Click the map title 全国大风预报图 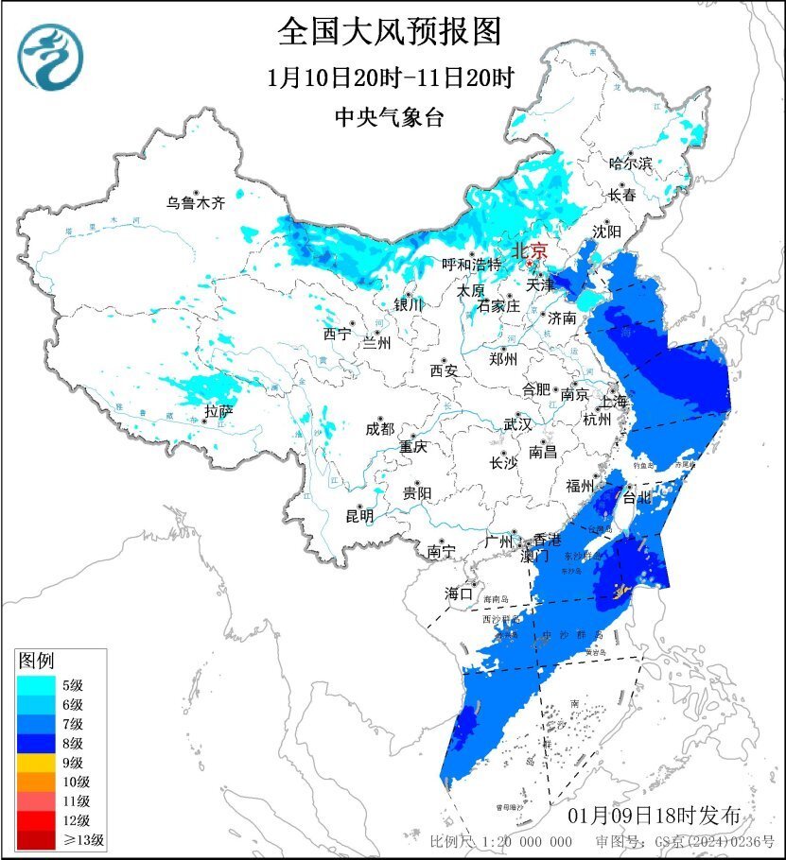point(389,32)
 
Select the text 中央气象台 point(389,118)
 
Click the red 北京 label point(530,251)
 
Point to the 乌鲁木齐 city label point(196,202)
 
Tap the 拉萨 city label point(219,411)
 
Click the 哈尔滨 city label point(631,163)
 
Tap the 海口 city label point(459,593)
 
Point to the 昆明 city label point(359,515)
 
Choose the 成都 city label point(381,428)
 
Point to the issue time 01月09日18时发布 point(661,816)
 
